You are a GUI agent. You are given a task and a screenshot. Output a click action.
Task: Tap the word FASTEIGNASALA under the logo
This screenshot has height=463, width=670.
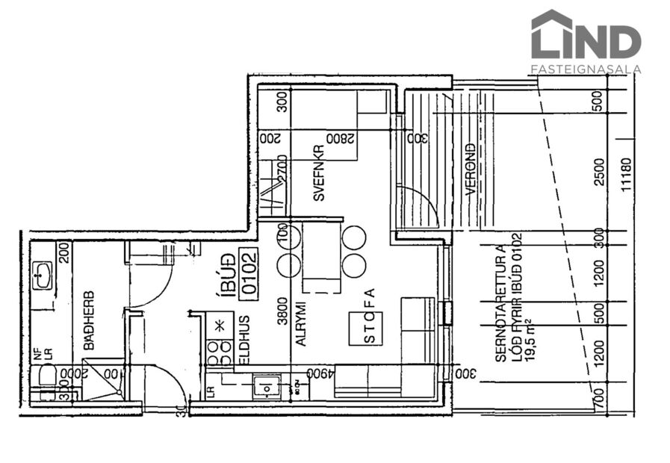585,69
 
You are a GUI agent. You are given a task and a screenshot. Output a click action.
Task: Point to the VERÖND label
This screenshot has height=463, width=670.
471,170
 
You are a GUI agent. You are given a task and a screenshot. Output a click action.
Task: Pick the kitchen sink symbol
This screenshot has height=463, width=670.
265,386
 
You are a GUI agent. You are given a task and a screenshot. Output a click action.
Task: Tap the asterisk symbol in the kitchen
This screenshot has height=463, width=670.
220,326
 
